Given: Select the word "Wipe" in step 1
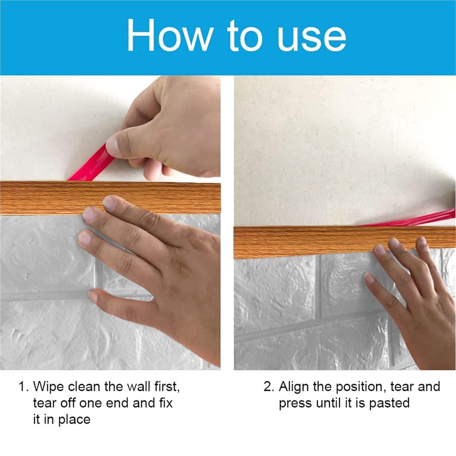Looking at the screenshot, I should [x=49, y=387].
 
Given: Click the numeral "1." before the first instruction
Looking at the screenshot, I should [x=24, y=387].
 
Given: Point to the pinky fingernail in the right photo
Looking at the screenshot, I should [x=370, y=278].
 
